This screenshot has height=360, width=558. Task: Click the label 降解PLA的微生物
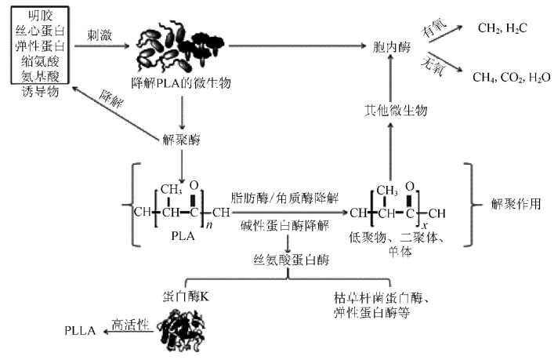tap(182, 82)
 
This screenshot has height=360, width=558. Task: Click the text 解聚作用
tap(514, 203)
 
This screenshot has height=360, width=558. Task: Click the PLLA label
tap(80, 330)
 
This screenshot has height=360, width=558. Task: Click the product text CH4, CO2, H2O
tap(511, 77)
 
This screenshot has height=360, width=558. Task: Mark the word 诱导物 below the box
tap(39, 93)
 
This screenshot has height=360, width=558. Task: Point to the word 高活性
tap(129, 322)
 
